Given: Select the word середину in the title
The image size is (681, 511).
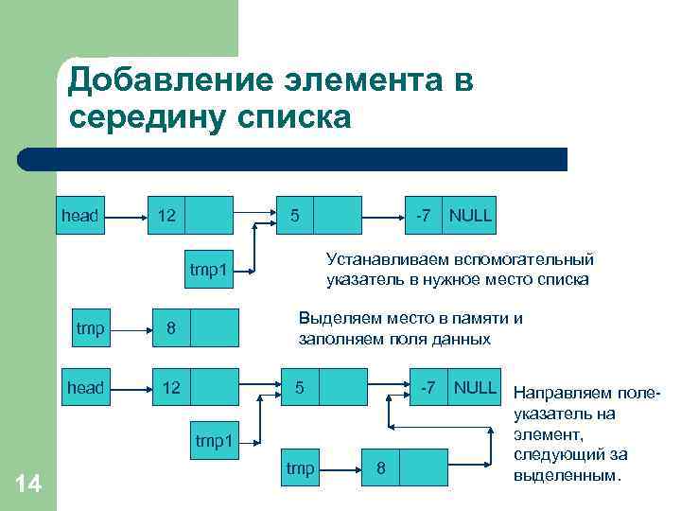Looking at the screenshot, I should pos(147,118).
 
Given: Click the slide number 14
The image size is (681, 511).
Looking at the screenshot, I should pos(28,485).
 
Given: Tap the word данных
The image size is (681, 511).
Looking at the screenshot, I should pos(463,338).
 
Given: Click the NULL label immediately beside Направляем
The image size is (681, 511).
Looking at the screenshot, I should pos(475,387).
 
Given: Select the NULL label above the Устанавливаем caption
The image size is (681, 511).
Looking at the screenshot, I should pos(470,215).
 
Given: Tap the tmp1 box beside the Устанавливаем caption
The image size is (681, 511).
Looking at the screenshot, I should pos(209,271).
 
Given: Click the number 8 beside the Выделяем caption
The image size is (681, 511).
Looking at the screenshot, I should pos(171,329).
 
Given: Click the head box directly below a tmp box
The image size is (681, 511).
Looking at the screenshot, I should pos(85,388).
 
